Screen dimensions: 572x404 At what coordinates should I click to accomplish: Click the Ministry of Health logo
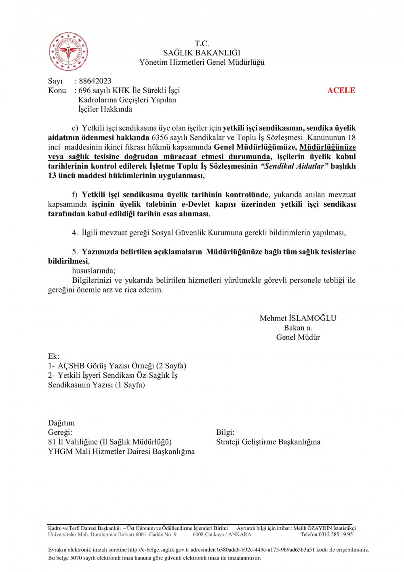pyautogui.click(x=68, y=52)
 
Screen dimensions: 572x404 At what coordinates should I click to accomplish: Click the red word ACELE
pyautogui.click(x=341, y=90)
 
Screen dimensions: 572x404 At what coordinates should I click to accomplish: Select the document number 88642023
pyautogui.click(x=95, y=81)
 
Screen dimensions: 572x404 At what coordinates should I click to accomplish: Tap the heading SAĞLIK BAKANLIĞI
pyautogui.click(x=202, y=53)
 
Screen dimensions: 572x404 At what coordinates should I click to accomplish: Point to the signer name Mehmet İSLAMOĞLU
pyautogui.click(x=298, y=318)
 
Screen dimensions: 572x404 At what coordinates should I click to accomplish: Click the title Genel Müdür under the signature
pyautogui.click(x=298, y=337)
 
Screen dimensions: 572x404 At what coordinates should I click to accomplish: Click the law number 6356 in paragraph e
pyautogui.click(x=160, y=138)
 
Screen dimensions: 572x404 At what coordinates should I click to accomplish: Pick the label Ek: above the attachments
pyautogui.click(x=53, y=356)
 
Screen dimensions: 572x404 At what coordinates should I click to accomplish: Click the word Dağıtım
pyautogui.click(x=61, y=423)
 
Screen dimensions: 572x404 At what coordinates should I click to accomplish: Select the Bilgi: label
pyautogui.click(x=225, y=432)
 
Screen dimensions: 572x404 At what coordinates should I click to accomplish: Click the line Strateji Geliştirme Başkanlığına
pyautogui.click(x=268, y=442)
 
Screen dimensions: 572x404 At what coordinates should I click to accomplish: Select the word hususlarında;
pyautogui.click(x=93, y=271)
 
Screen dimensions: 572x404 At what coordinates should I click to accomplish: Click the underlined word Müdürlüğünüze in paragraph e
pyautogui.click(x=327, y=147)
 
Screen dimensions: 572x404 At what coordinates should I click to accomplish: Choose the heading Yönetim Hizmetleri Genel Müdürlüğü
pyautogui.click(x=202, y=62)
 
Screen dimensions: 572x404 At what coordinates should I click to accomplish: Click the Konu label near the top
pyautogui.click(x=57, y=90)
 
